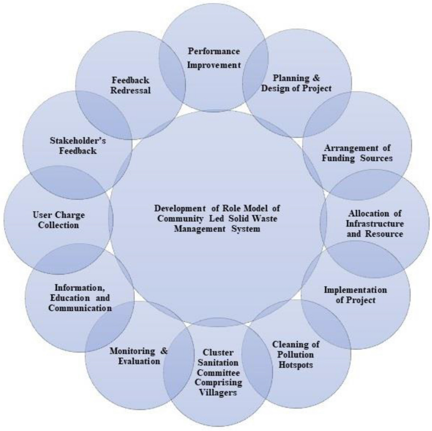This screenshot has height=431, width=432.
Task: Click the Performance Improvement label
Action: (x=214, y=58)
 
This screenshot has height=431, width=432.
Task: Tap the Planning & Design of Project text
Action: (x=296, y=83)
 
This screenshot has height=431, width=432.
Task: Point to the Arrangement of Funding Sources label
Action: (x=357, y=153)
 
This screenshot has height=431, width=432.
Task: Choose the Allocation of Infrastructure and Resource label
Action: (x=375, y=223)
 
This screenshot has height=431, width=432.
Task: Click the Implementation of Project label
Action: (x=355, y=295)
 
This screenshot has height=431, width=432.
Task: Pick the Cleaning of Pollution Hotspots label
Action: (x=296, y=354)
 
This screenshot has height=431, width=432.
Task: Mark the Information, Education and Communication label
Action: (x=80, y=298)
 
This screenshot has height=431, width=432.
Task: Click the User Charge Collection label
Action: (x=59, y=220)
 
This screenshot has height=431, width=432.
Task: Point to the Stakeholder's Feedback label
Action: (x=78, y=145)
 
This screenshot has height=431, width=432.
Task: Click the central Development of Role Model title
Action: (x=217, y=218)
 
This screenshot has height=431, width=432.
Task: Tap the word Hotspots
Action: (x=296, y=365)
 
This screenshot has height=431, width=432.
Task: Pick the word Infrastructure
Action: (x=375, y=224)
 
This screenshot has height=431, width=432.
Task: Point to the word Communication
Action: (x=80, y=308)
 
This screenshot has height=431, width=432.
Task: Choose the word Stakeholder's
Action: (x=78, y=140)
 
